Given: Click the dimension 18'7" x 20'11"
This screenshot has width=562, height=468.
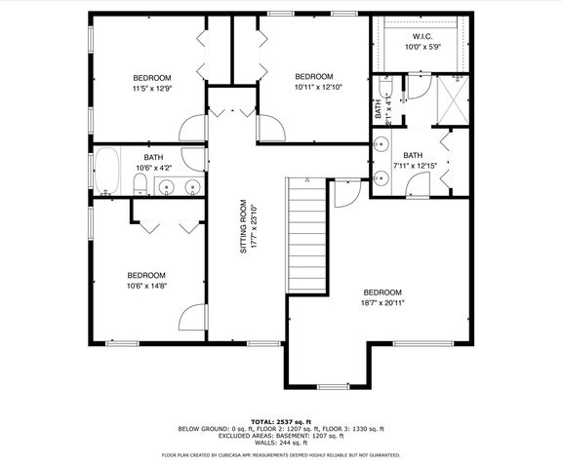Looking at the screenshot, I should [381, 303].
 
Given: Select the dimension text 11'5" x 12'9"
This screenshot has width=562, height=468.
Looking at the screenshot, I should [152, 89].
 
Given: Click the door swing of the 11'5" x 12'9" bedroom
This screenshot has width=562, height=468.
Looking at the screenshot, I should [193, 126].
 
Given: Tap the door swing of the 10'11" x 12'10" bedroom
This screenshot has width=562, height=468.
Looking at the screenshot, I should [269, 126].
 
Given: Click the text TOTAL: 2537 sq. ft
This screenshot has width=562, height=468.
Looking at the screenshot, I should [280, 420].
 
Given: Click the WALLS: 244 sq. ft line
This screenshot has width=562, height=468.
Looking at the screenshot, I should [281, 443].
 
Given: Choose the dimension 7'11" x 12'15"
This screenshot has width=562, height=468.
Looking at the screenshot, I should [413, 166].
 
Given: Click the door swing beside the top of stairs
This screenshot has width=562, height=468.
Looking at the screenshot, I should [343, 192].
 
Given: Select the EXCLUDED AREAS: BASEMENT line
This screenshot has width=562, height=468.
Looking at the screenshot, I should [281, 436].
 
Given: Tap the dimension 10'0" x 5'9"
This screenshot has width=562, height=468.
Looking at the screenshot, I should [422, 45].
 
